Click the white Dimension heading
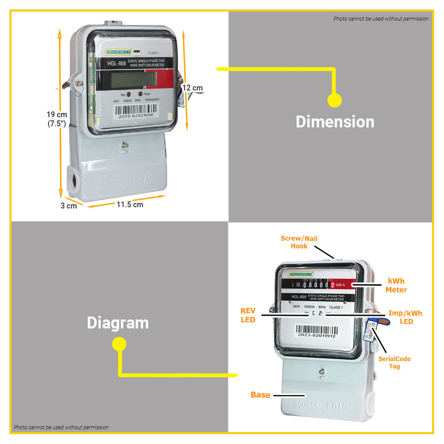pos(335,122)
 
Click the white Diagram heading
pos(117,323)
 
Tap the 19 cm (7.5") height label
pos(57,119)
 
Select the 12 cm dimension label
pos(192,88)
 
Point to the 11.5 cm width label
pos(129,205)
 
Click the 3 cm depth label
pos(69,206)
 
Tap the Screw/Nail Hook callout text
pos(299,242)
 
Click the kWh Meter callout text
pos(396,285)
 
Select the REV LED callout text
pos(248,315)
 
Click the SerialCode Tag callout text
pos(394,362)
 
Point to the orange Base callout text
pos(260,395)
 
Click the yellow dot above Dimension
pos(334,100)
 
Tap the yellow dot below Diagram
pos(119,344)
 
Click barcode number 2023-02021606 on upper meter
pos(136,116)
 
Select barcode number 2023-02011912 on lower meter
pos(316,336)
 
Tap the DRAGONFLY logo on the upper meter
pos(118,52)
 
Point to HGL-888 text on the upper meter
pos(117,63)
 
